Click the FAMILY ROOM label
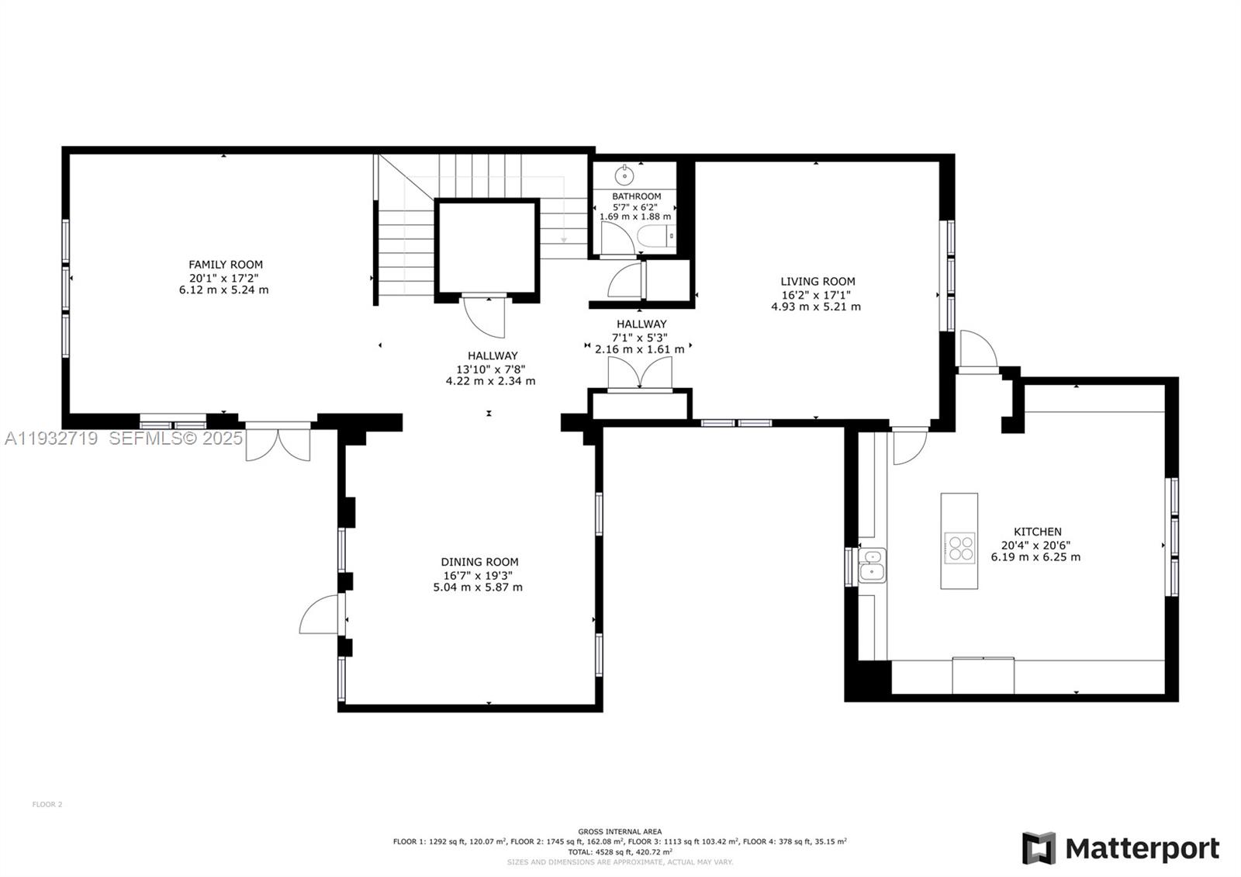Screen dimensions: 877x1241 226,265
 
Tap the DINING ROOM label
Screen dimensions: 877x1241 479,562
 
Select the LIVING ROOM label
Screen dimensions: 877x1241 818,282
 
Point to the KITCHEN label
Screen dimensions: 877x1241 1037,532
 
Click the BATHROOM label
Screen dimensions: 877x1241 636,196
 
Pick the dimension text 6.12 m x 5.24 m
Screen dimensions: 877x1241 223,290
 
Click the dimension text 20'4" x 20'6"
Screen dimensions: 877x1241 1035,545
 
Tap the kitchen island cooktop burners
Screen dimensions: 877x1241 960,547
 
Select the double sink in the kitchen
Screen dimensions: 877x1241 873,564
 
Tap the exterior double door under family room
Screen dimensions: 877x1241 278,442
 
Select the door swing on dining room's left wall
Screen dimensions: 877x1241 320,615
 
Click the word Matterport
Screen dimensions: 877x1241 1142,848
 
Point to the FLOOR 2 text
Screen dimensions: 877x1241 47,804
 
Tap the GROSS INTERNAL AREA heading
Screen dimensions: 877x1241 620,831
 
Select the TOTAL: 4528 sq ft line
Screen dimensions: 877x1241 620,851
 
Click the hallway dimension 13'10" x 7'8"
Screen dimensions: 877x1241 490,369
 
